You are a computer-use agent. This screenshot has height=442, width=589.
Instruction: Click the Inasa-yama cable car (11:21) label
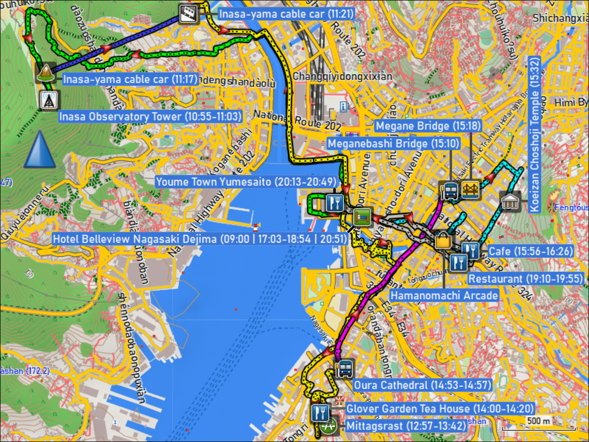pos(286,14)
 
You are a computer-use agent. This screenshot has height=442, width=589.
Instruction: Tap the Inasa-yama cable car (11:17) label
pos(131,79)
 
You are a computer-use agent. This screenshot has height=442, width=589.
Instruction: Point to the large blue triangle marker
pos(40,150)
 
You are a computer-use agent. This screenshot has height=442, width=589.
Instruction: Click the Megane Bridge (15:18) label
pos(428,126)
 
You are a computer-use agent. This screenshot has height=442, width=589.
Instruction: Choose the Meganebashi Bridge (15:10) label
pos(394,143)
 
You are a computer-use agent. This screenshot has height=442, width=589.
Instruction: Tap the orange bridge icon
pos(470,190)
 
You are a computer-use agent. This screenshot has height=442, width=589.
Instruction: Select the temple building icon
pos(509,201)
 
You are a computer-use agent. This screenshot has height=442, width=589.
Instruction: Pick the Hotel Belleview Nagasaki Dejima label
pos(200,239)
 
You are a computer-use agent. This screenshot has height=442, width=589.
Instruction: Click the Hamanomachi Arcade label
pos(444,295)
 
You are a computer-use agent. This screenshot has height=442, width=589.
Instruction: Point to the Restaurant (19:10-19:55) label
pos(525,279)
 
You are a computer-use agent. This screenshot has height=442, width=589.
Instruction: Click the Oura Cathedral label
pos(422,385)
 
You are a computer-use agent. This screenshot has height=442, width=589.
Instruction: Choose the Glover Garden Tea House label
pos(440,408)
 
